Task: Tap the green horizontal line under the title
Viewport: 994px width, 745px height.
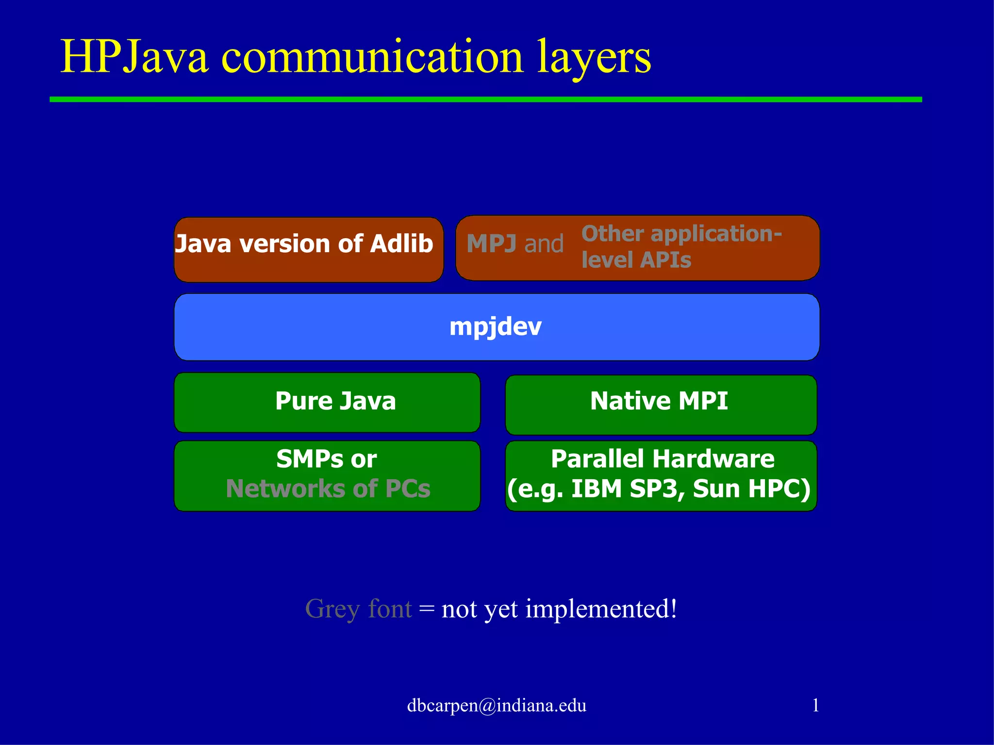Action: pyautogui.click(x=485, y=99)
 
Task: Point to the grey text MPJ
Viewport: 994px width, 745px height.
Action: pyautogui.click(x=491, y=244)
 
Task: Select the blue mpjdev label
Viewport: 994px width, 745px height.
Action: pyautogui.click(x=495, y=327)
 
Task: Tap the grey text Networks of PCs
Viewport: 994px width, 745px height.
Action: pyautogui.click(x=328, y=489)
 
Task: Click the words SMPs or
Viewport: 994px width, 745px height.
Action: pyautogui.click(x=326, y=459)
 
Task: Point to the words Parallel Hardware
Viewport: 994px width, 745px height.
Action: pyautogui.click(x=662, y=459)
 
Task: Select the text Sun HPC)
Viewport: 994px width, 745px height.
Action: pyautogui.click(x=751, y=489)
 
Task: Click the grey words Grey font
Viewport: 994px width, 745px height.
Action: pyautogui.click(x=358, y=609)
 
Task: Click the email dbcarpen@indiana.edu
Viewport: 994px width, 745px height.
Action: pyautogui.click(x=496, y=705)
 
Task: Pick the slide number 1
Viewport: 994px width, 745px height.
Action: pyautogui.click(x=815, y=705)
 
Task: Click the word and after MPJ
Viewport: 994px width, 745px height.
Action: pyautogui.click(x=544, y=244)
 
